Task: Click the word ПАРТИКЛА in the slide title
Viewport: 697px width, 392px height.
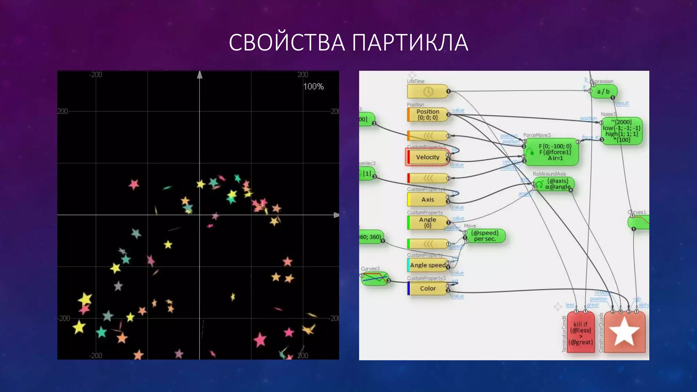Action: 410,43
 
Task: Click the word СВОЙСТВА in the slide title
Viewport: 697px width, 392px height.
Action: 287,43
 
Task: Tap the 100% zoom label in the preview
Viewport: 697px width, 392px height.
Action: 313,86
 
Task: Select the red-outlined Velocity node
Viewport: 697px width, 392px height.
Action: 427,157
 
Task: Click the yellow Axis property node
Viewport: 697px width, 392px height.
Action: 427,199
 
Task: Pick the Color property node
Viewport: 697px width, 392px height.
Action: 427,289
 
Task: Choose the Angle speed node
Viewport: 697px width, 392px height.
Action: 427,265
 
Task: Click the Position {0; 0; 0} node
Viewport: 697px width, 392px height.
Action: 427,115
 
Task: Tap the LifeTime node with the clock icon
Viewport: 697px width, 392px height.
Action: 427,92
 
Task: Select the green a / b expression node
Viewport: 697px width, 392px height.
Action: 603,92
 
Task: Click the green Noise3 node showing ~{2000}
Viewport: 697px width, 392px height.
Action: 622,131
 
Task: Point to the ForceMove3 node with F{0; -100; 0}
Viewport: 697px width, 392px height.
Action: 551,152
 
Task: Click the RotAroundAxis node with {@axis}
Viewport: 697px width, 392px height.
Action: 555,184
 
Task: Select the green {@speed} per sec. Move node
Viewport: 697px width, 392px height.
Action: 485,236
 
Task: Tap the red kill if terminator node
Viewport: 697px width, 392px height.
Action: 581,333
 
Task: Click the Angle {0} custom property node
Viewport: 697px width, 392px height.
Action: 427,223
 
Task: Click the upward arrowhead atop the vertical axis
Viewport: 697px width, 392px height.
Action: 200,75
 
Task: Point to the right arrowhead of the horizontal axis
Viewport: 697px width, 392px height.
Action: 336,215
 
